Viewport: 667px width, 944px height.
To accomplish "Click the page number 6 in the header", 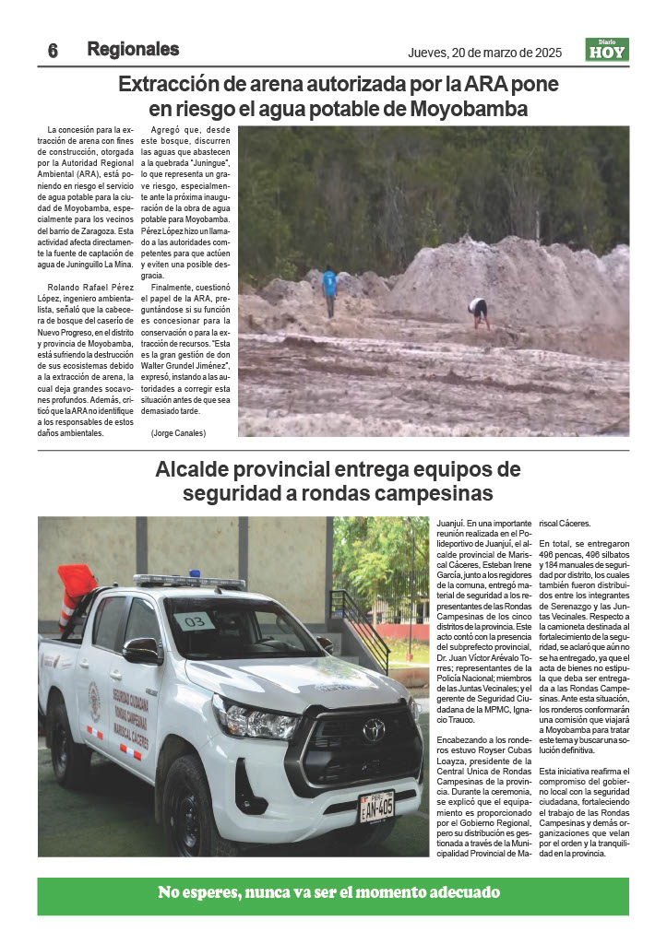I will (53, 52).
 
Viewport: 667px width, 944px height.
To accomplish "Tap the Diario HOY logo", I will (607, 50).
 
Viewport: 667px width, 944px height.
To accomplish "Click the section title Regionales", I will (133, 50).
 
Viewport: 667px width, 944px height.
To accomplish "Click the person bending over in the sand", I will (479, 311).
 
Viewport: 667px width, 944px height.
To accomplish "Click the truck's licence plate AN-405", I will (376, 806).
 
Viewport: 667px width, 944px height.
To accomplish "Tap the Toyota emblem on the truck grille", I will (374, 729).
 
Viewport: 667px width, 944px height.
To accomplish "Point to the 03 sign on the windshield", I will (195, 620).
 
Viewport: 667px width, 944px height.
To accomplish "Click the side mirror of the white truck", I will (141, 651).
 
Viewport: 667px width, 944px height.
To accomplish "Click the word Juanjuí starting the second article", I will (450, 523).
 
